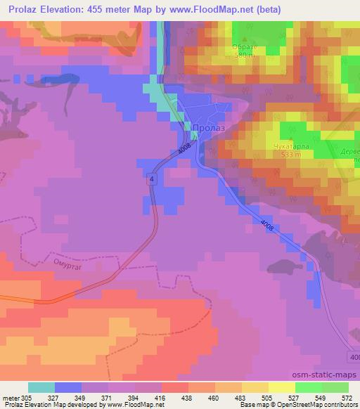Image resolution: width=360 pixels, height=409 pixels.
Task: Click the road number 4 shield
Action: pos(151,181)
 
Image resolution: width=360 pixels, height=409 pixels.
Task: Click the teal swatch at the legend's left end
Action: pos(41,387)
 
